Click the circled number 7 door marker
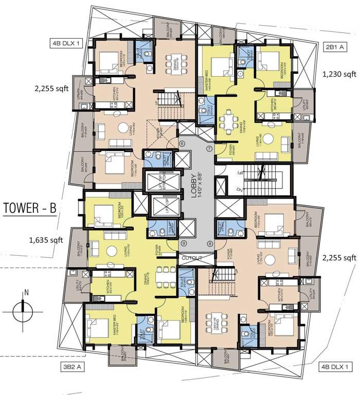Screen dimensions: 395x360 coord(209,149)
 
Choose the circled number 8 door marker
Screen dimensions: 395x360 coord(209,243)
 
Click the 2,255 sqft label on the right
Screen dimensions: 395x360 coord(339,258)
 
